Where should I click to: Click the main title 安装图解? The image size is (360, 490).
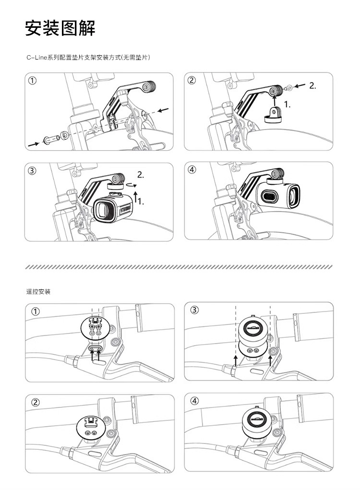point(60,28)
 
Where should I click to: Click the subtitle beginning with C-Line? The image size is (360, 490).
point(88,58)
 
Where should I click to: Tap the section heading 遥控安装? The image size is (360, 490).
point(38,292)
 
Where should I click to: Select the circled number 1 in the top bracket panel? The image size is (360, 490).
point(33,80)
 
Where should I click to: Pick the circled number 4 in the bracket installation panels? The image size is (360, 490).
point(192,170)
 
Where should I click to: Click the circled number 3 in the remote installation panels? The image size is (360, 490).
point(194,310)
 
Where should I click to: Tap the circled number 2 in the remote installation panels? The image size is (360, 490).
point(36,402)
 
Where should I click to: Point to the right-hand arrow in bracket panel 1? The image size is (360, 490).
point(163,110)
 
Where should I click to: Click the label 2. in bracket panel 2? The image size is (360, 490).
point(312,85)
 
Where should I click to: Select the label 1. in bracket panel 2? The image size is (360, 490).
point(288,105)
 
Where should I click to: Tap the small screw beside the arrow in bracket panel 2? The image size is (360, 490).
point(289,88)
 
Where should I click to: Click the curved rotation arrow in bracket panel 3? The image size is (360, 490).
point(129,185)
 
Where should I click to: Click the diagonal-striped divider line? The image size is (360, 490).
point(179,267)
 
